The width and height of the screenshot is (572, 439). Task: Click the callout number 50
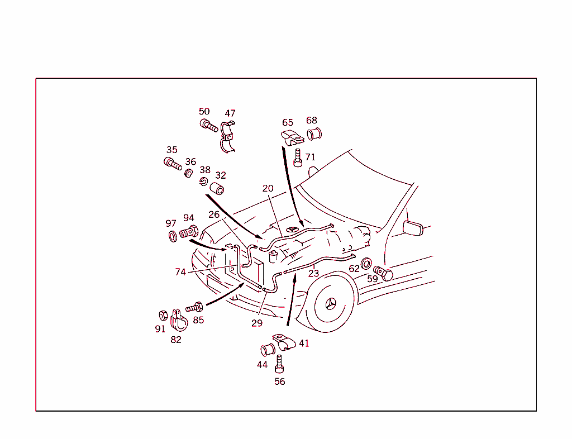pyautogui.click(x=204, y=111)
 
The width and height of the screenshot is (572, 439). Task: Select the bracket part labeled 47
pyautogui.click(x=228, y=136)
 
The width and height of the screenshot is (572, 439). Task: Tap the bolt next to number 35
pyautogui.click(x=173, y=164)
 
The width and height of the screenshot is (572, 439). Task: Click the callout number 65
pyautogui.click(x=287, y=122)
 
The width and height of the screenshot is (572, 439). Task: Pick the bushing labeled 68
pyautogui.click(x=314, y=135)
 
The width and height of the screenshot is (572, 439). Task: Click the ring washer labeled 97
pyautogui.click(x=173, y=236)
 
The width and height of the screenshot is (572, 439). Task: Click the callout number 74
pyautogui.click(x=180, y=272)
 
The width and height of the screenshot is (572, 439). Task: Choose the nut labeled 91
pyautogui.click(x=164, y=315)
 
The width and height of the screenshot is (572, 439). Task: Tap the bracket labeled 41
pyautogui.click(x=283, y=341)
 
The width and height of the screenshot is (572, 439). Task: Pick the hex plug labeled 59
pyautogui.click(x=384, y=273)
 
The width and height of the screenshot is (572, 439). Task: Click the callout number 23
pyautogui.click(x=313, y=274)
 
